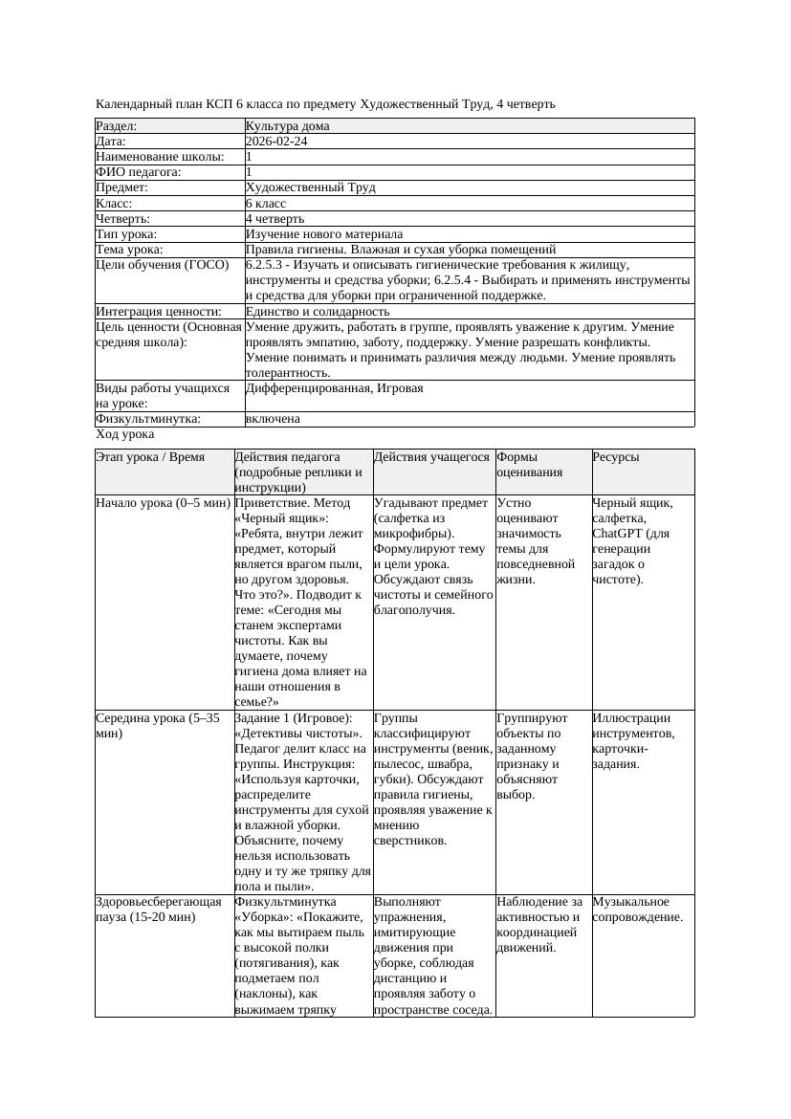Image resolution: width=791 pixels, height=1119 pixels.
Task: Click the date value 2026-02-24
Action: click(x=276, y=142)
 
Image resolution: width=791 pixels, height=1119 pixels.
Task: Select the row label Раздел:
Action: click(x=117, y=126)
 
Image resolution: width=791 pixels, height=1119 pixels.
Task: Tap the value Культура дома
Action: click(x=287, y=126)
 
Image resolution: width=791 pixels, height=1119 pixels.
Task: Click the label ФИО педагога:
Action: click(x=139, y=172)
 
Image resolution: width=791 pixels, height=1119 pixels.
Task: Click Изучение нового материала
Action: click(x=323, y=234)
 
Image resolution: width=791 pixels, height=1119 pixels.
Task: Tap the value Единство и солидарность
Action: click(x=315, y=312)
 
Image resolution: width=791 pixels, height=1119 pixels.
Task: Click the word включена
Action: click(x=273, y=419)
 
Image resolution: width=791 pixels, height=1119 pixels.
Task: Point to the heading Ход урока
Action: click(x=124, y=434)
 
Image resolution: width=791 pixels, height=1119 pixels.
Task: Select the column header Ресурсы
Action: click(x=616, y=457)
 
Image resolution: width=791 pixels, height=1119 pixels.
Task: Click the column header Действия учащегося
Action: click(x=431, y=457)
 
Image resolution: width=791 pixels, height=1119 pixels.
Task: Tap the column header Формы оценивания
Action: click(x=529, y=465)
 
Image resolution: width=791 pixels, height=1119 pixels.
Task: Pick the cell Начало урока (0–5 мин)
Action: click(x=163, y=503)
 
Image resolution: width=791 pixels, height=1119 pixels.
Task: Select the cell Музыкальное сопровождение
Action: click(x=637, y=910)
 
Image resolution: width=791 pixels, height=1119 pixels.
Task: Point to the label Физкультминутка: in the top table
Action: click(x=148, y=419)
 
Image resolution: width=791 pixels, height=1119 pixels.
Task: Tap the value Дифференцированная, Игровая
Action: click(x=334, y=388)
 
